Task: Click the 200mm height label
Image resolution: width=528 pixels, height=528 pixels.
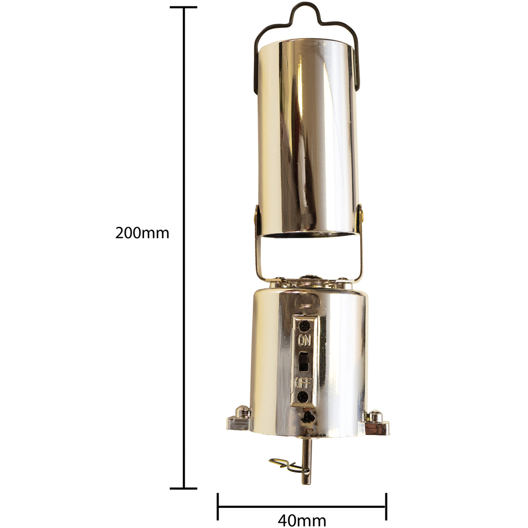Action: pyautogui.click(x=142, y=233)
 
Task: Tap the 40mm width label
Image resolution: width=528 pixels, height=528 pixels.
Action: pyautogui.click(x=301, y=521)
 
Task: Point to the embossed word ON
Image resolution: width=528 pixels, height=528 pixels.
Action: pyautogui.click(x=305, y=340)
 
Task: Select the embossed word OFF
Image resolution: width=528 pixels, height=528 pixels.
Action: pyautogui.click(x=304, y=383)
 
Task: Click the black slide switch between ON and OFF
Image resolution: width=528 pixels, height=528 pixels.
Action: pyautogui.click(x=304, y=362)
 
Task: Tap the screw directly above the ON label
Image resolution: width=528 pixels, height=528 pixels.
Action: pyautogui.click(x=305, y=326)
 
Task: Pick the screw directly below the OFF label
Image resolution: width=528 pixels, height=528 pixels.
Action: pyautogui.click(x=303, y=397)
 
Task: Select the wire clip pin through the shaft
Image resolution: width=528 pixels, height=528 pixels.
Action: pyautogui.click(x=289, y=466)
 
